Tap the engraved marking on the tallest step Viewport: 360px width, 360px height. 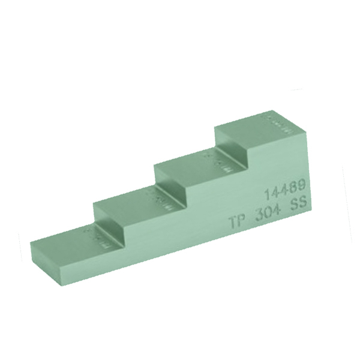pos(277,125)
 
